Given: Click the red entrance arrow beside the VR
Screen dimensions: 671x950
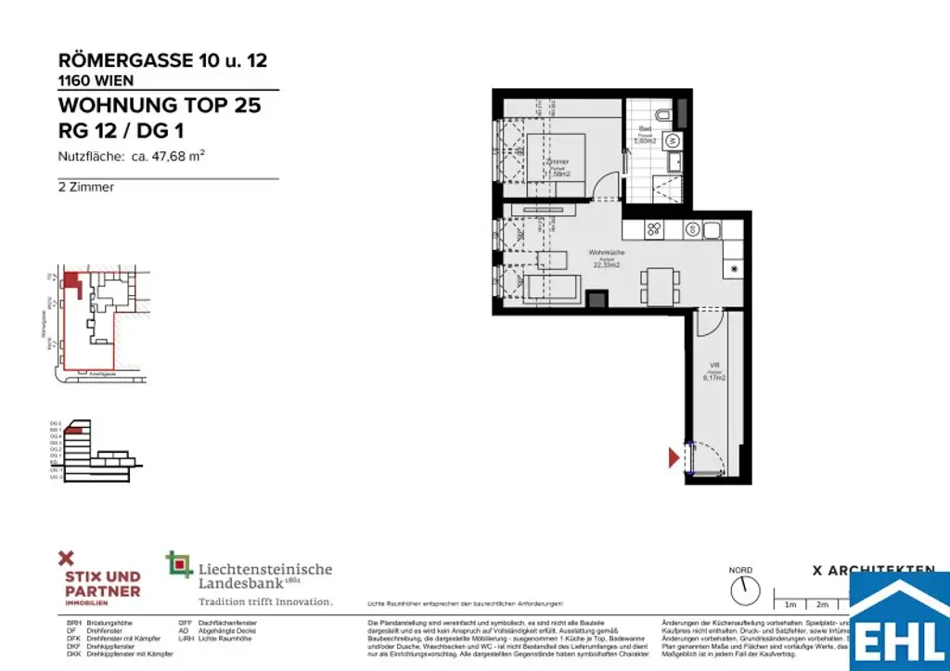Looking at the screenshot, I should pos(674,457).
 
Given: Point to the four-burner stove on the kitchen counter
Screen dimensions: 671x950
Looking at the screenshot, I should pos(653,229).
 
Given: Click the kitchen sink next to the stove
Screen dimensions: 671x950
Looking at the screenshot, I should pos(712,229).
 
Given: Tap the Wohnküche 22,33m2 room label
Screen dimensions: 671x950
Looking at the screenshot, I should pos(606,258).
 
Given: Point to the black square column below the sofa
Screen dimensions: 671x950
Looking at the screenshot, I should pos(597,299).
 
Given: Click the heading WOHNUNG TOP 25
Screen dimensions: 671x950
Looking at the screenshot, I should pos(160,105).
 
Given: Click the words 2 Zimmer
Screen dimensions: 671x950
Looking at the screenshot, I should pos(86,187).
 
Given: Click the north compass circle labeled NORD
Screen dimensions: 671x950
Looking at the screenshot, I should pos(740,590).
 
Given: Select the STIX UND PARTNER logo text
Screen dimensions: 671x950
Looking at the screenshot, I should pos(102,584).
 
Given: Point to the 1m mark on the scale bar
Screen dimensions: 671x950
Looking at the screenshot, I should pos(791,603).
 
